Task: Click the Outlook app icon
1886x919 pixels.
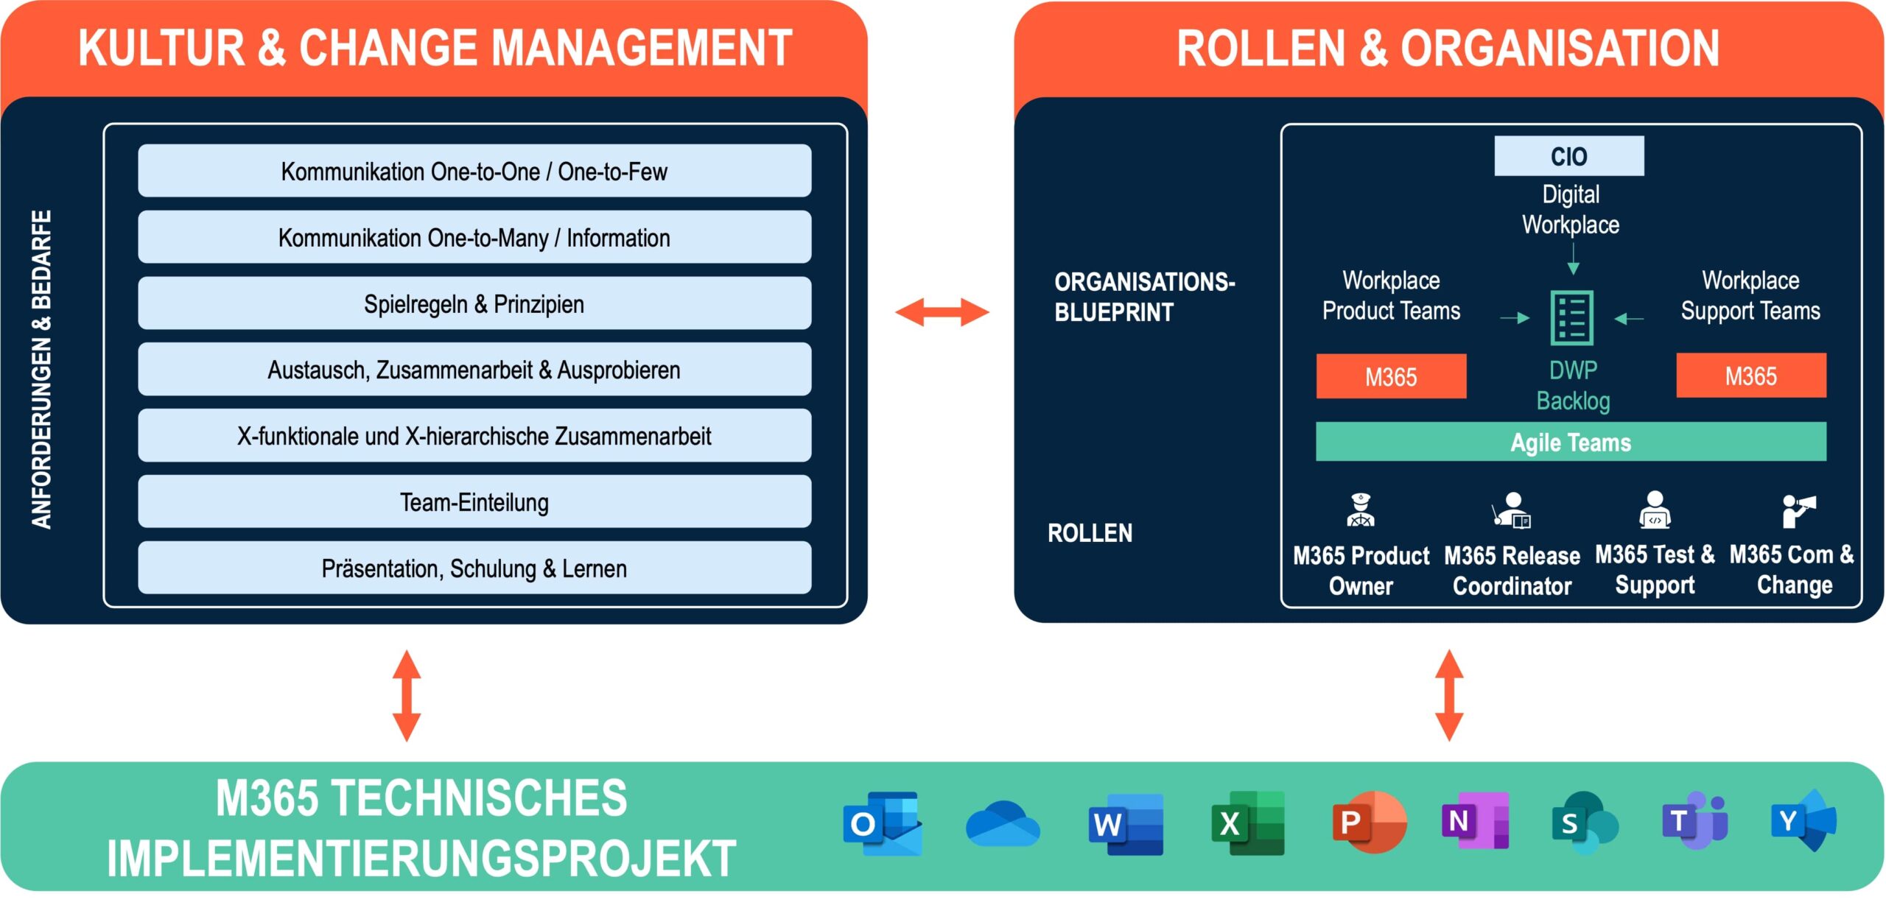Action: pyautogui.click(x=883, y=823)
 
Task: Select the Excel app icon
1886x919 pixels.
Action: pyautogui.click(x=1248, y=823)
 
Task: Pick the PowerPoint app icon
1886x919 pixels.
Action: pyautogui.click(x=1370, y=822)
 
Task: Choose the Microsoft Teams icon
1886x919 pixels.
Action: pyautogui.click(x=1695, y=820)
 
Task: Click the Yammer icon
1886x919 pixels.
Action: pyautogui.click(x=1803, y=820)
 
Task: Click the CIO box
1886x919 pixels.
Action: pyautogui.click(x=1568, y=156)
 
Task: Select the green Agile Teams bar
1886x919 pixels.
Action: pyautogui.click(x=1571, y=442)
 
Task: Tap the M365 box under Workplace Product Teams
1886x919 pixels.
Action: pyautogui.click(x=1391, y=376)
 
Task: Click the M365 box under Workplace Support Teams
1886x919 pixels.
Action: pyautogui.click(x=1751, y=376)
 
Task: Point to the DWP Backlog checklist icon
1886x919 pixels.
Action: pyautogui.click(x=1572, y=318)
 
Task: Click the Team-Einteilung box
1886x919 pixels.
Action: pyautogui.click(x=474, y=502)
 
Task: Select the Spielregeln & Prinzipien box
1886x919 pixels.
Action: pyautogui.click(x=474, y=303)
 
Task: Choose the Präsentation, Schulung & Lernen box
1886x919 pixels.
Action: pyautogui.click(x=474, y=568)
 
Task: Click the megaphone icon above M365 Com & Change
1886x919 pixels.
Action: pyautogui.click(x=1798, y=510)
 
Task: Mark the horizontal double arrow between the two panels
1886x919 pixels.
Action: pyautogui.click(x=942, y=311)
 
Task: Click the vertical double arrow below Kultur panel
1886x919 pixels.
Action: pyautogui.click(x=407, y=695)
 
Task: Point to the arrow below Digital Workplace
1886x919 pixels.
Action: pyautogui.click(x=1573, y=258)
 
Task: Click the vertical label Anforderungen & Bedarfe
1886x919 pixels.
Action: pyautogui.click(x=42, y=369)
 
